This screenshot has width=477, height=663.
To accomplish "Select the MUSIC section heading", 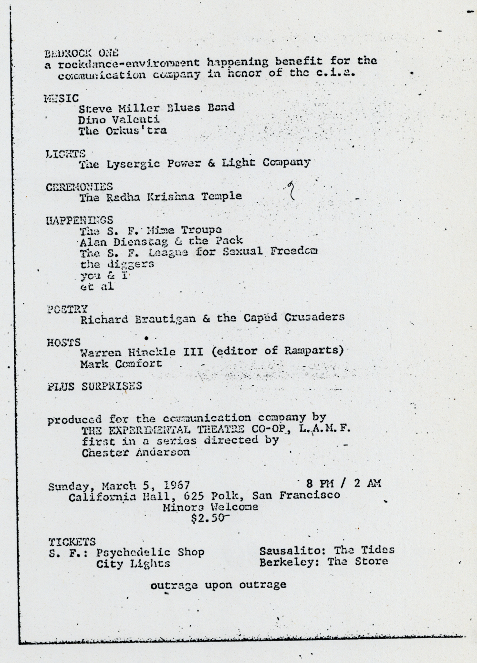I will click(x=61, y=99).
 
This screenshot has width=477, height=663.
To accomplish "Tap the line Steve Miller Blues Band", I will click(x=156, y=107).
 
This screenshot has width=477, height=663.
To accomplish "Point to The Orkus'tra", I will click(x=123, y=130).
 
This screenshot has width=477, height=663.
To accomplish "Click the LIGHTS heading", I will click(x=65, y=154).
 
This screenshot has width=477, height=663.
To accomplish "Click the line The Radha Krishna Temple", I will click(x=160, y=196).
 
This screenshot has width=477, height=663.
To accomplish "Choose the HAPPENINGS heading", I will click(x=79, y=220).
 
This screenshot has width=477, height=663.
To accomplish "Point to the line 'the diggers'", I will click(x=117, y=264).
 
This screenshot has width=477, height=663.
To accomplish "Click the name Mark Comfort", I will click(x=121, y=363).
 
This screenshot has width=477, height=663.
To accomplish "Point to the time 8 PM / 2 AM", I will click(x=340, y=483).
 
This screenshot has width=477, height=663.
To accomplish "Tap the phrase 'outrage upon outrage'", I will click(x=218, y=584).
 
